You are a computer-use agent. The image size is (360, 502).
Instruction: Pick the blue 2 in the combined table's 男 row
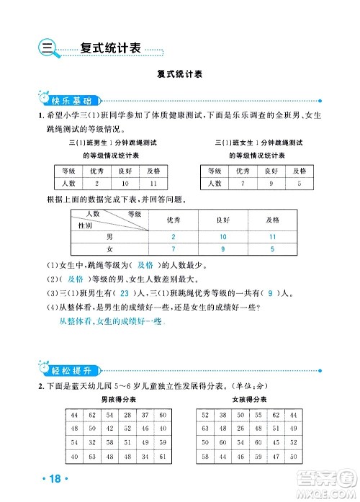click(x=174, y=236)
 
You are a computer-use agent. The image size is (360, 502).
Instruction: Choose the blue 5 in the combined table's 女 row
click(x=272, y=249)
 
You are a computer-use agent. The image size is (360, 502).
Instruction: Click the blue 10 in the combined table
click(x=222, y=236)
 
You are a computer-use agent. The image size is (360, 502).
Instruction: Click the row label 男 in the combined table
click(x=109, y=236)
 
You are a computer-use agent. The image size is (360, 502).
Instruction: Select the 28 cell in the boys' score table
click(x=127, y=416)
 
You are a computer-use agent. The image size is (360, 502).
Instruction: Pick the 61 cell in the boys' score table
click(x=163, y=457)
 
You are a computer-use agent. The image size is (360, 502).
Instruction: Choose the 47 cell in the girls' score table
click(x=276, y=457)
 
